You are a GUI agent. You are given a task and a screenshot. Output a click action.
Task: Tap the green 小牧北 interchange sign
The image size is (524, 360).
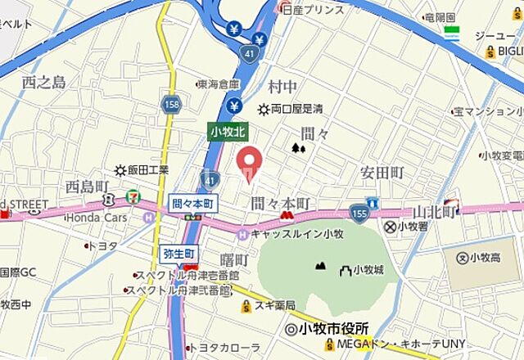pyautogui.click(x=228, y=131)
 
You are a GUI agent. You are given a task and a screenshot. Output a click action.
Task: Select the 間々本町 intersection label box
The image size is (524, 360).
pyautogui.click(x=193, y=202)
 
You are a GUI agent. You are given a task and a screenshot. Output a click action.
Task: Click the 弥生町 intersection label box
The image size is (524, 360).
pyautogui.click(x=178, y=253)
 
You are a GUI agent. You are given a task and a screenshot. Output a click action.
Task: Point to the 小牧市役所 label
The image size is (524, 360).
pyautogui.click(x=327, y=328)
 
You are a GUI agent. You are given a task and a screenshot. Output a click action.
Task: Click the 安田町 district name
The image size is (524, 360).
pyautogui.click(x=382, y=173)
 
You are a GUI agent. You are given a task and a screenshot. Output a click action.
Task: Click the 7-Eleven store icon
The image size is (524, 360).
pyautogui.click(x=133, y=196)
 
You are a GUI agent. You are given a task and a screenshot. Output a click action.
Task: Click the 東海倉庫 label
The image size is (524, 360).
pyautogui.click(x=219, y=83)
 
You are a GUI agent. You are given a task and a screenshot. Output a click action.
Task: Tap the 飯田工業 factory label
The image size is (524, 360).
pyautogui.click(x=147, y=170)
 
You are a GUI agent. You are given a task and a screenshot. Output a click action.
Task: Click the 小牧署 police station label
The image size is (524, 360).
pyautogui.click(x=407, y=227)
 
